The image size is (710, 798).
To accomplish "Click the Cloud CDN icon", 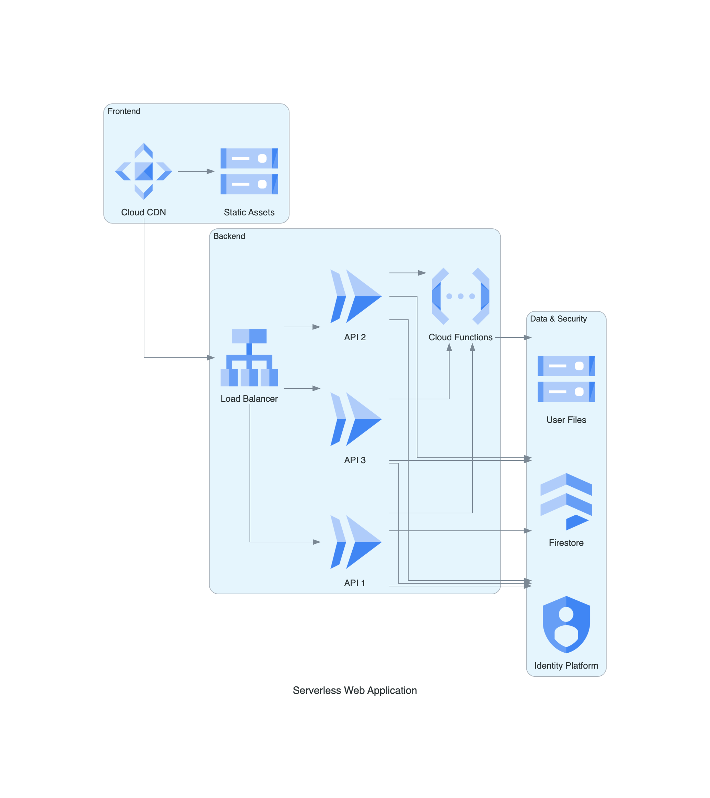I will tap(143, 171).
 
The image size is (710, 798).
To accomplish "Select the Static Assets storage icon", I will tap(249, 171).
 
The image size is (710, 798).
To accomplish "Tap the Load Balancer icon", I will tap(249, 357).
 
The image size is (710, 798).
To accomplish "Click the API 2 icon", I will tap(355, 296).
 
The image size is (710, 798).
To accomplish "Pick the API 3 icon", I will tap(355, 419).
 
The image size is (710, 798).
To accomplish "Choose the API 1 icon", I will tap(355, 542).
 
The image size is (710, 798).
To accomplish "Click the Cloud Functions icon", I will tap(460, 296).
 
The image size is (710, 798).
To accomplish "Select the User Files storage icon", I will tap(566, 379).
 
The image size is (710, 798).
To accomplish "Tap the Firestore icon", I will tap(566, 501).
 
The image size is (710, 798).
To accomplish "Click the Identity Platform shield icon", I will tap(566, 624).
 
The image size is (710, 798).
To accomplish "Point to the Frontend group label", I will tap(124, 111).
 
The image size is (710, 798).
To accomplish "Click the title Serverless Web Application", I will tap(355, 690).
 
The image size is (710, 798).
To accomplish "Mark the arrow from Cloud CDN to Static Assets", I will tap(196, 171).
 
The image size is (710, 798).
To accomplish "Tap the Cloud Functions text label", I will tap(460, 337).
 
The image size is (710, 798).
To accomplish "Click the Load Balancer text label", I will tap(249, 399).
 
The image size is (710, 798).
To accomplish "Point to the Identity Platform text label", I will tap(566, 666).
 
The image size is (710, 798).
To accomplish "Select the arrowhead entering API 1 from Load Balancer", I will tap(317, 542).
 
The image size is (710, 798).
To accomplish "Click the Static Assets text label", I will tap(249, 212).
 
